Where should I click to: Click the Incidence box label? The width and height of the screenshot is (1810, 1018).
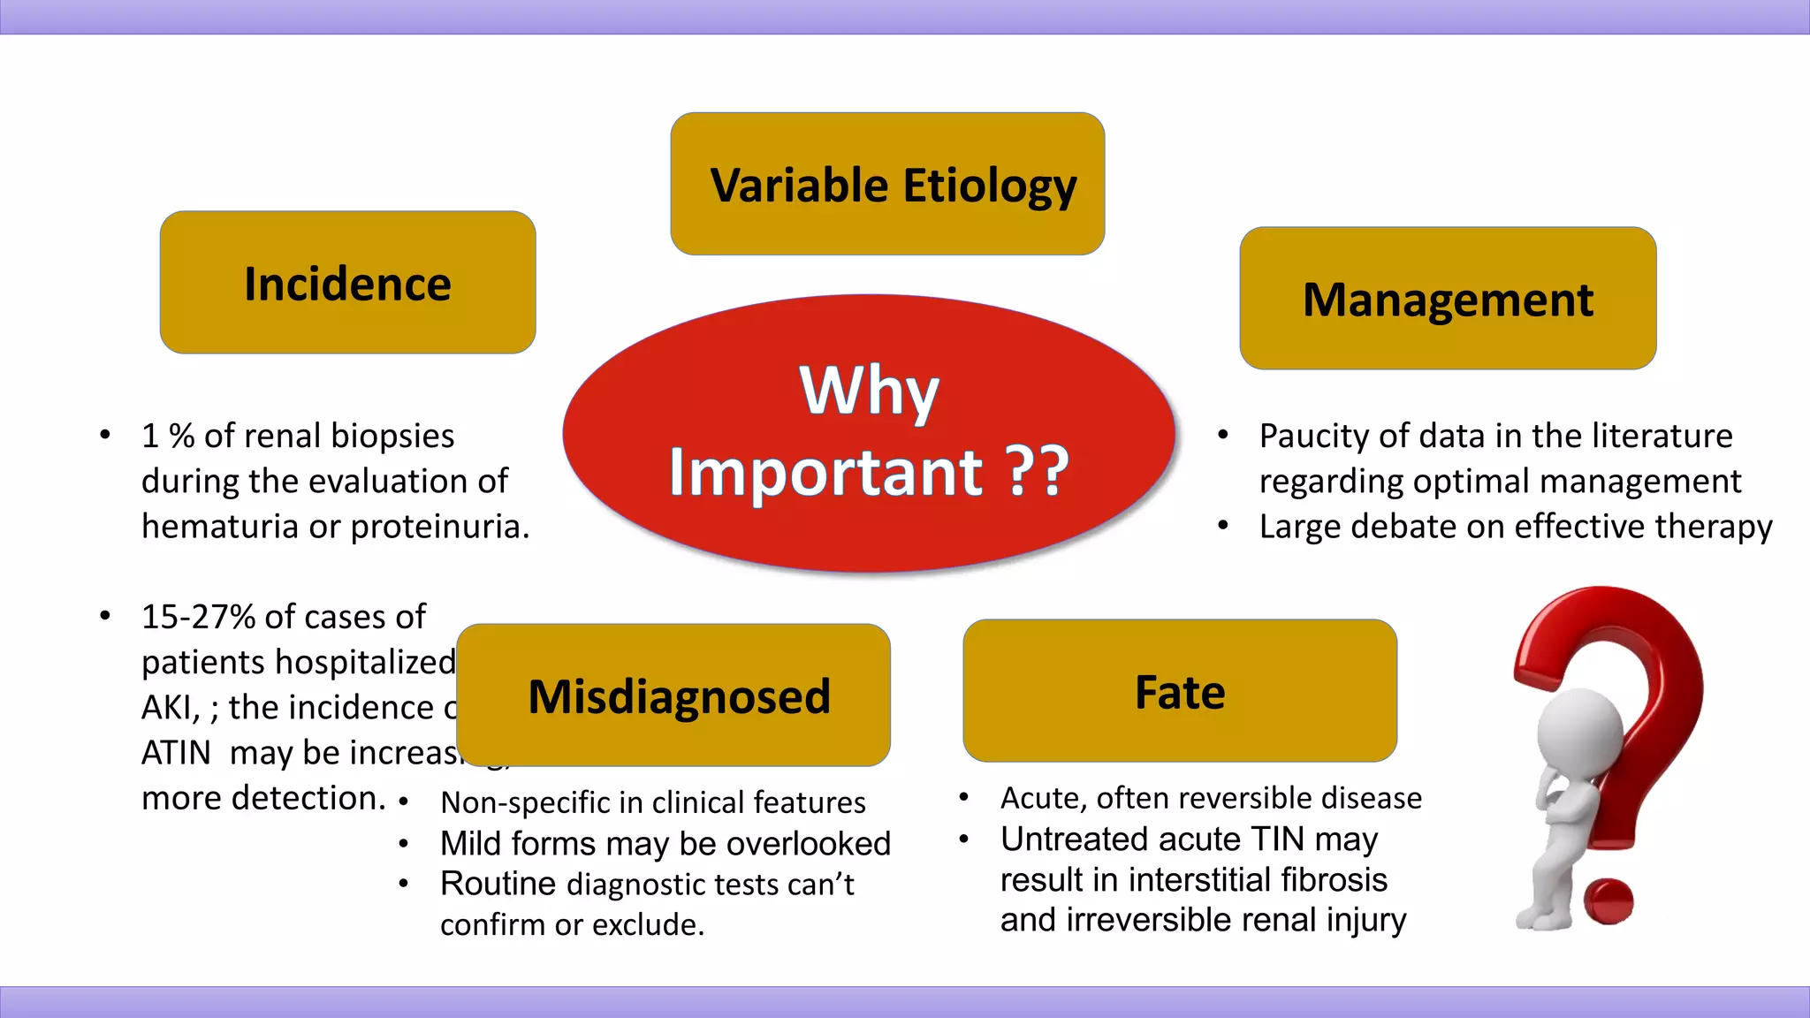tap(347, 285)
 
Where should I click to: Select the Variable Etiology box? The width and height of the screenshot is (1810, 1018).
tap(887, 185)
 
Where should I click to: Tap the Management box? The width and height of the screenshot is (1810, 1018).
tap(1448, 300)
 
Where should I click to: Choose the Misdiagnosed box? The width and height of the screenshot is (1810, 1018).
tap(674, 696)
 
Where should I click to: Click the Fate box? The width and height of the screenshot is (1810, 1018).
tap(1180, 692)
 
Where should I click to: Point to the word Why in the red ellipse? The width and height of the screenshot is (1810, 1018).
tap(869, 391)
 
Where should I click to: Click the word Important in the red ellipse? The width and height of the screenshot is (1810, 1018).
tap(825, 473)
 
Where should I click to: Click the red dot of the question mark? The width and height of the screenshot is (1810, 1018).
tap(1608, 901)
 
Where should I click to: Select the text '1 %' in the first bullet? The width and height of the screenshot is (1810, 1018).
tap(168, 437)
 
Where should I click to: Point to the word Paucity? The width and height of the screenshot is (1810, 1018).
tap(1314, 437)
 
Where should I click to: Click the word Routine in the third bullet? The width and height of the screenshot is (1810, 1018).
tap(498, 884)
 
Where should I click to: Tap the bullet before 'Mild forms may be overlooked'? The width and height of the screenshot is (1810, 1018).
tap(403, 844)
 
